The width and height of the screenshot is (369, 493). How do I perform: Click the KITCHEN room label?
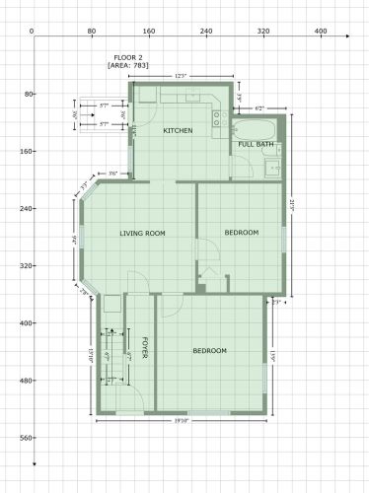(x=178, y=131)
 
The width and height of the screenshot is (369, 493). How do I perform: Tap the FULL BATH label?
(x=257, y=145)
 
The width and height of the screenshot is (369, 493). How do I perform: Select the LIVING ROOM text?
(x=142, y=234)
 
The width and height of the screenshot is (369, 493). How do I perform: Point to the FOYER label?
(x=145, y=348)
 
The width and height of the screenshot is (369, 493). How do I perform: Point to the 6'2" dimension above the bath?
(x=260, y=106)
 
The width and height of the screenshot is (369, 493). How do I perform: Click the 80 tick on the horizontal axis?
(x=91, y=33)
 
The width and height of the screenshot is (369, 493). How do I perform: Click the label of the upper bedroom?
(x=241, y=233)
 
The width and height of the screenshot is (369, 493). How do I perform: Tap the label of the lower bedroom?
(x=209, y=351)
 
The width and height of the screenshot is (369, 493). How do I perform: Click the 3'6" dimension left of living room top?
(x=113, y=174)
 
